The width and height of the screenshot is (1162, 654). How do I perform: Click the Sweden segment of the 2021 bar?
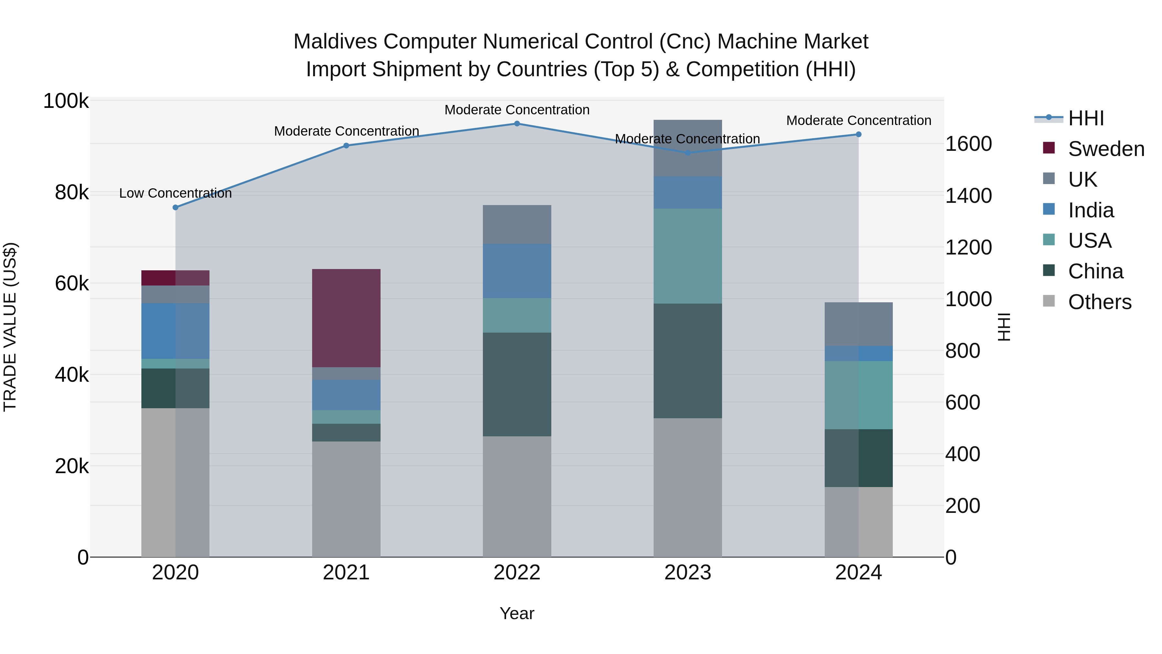coord(346,318)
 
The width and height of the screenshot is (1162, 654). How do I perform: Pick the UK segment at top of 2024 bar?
coord(858,324)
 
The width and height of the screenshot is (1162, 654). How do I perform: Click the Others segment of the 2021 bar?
coord(346,499)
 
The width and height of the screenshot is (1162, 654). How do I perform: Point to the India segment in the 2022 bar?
coord(517,271)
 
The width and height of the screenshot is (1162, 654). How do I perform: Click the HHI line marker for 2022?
coord(517,124)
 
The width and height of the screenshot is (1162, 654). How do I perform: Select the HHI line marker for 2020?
coord(176,208)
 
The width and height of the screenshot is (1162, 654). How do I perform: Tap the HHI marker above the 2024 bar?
coord(858,134)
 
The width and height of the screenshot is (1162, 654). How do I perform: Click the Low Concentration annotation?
coord(176,193)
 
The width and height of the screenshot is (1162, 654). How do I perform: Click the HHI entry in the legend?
coord(1086,118)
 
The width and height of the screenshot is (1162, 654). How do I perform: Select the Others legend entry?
coord(1099,302)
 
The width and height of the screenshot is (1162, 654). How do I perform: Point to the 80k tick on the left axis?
coord(71,193)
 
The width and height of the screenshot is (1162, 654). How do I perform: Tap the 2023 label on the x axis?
coord(688,573)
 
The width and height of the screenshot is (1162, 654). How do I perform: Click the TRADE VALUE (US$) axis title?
coord(10,327)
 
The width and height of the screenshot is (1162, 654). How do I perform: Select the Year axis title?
coord(517,613)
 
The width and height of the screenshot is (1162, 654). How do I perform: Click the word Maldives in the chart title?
coord(335,42)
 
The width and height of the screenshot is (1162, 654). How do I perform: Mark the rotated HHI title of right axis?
coord(1004,327)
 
